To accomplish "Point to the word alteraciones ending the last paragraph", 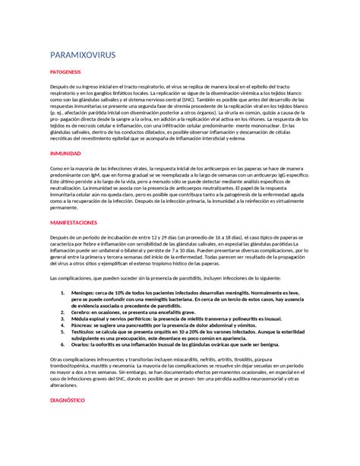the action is [64, 385].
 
